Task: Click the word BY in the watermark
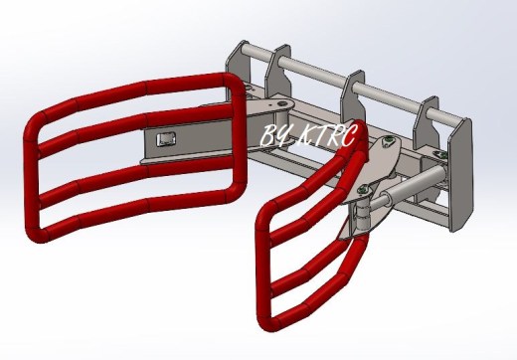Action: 274,135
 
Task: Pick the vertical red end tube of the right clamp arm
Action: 263,266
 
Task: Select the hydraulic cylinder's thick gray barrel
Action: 416,182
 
